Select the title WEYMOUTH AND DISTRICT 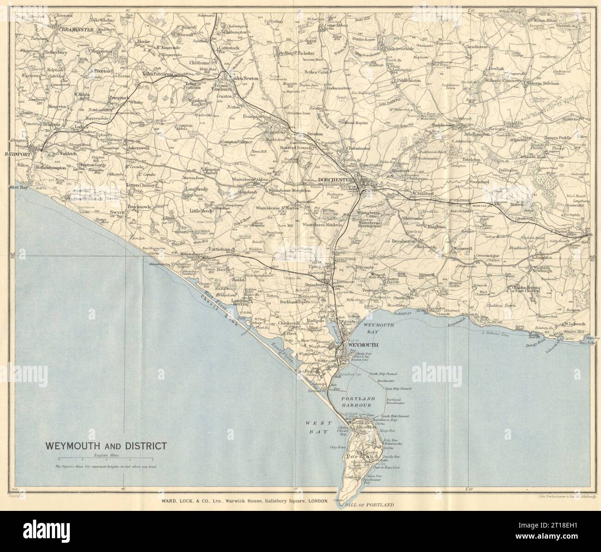click(105, 446)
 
